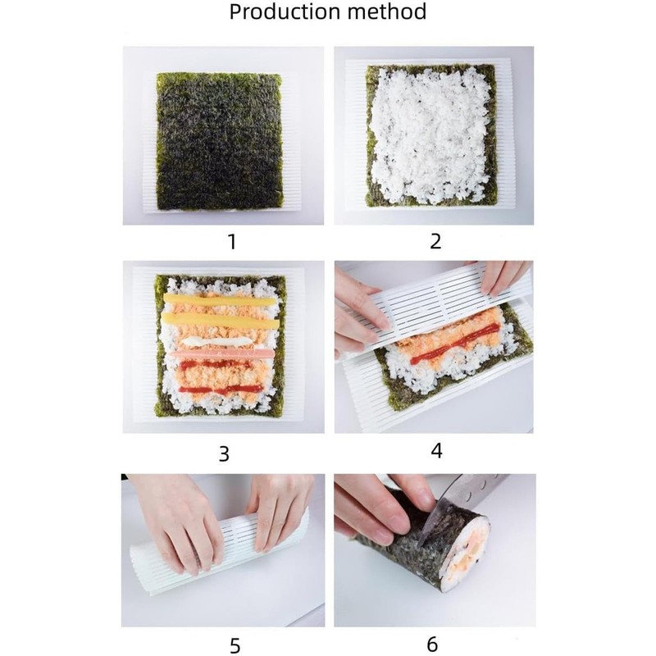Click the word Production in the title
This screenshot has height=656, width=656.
point(284,12)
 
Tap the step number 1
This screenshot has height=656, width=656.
point(231,241)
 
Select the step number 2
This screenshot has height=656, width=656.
point(435,241)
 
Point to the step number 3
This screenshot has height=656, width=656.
point(224,454)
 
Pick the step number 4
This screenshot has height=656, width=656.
point(435,451)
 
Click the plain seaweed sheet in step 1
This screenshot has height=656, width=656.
point(219,139)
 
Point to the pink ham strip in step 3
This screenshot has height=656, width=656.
point(221,353)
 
